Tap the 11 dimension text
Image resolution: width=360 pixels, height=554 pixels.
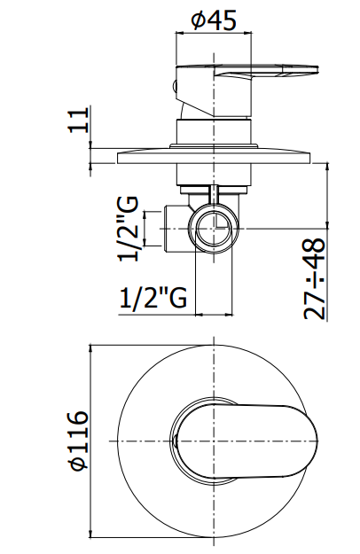click(x=78, y=121)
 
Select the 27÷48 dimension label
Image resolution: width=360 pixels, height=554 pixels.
click(x=314, y=279)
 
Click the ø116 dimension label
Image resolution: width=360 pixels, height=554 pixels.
click(x=79, y=441)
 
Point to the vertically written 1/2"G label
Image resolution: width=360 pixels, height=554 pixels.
click(x=128, y=229)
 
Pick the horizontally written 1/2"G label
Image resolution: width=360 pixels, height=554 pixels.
click(x=153, y=299)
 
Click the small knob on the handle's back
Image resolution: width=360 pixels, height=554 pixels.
click(x=174, y=86)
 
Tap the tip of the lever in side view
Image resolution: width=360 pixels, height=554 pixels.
click(x=318, y=70)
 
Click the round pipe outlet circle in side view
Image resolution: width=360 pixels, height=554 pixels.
click(x=214, y=228)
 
